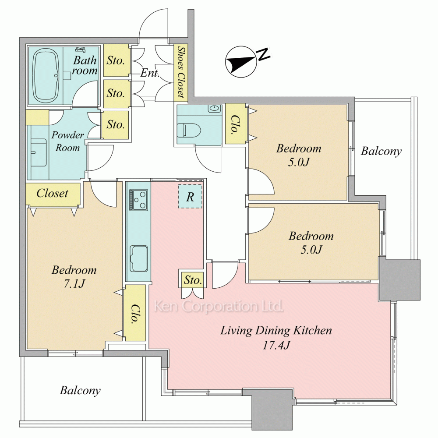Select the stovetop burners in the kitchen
click(x=138, y=200)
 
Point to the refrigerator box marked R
click(x=190, y=196)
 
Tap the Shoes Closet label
click(x=181, y=72)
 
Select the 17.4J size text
click(x=276, y=346)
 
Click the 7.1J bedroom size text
click(x=74, y=284)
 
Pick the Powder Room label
click(x=67, y=141)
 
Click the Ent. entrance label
click(x=150, y=73)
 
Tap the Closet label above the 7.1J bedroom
click(x=53, y=193)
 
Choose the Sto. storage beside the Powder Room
click(x=115, y=125)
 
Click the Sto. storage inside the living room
click(x=192, y=279)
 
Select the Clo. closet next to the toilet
click(x=236, y=124)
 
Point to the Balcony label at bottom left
click(x=80, y=391)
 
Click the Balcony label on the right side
click(x=381, y=152)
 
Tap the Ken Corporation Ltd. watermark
click(x=219, y=307)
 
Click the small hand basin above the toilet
click(x=215, y=108)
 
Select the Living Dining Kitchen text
click(x=276, y=331)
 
